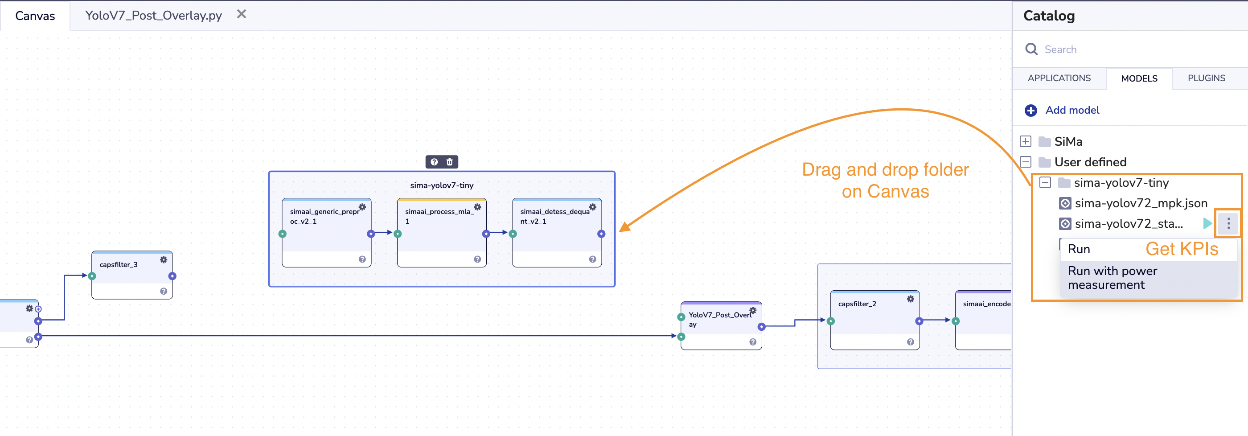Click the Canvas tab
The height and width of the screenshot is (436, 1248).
[x=35, y=16]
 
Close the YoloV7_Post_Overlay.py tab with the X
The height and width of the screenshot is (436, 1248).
[x=241, y=15]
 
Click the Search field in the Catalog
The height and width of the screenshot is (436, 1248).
[x=1114, y=49]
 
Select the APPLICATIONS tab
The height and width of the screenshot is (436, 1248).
[x=1059, y=78]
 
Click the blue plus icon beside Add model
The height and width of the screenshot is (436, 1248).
[x=1030, y=111]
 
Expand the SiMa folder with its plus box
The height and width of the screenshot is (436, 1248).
[x=1026, y=141]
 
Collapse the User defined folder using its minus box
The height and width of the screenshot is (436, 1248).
[x=1026, y=162]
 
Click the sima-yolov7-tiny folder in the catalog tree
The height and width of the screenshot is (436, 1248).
[x=1121, y=183]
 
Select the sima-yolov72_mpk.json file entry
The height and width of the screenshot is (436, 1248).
[x=1141, y=203]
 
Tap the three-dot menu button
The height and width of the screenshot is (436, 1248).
[x=1228, y=223]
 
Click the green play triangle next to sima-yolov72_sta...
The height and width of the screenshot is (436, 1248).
[x=1207, y=223]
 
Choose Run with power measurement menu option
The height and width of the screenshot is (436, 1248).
[x=1112, y=278]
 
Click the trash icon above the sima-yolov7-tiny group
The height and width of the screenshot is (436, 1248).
[x=450, y=162]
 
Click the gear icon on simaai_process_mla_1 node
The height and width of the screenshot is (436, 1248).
[x=477, y=207]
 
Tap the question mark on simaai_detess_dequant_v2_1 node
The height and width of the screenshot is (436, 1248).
[x=592, y=259]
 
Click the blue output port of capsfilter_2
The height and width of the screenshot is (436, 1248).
[x=919, y=321]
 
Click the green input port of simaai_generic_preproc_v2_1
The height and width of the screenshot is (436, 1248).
[x=283, y=234]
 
